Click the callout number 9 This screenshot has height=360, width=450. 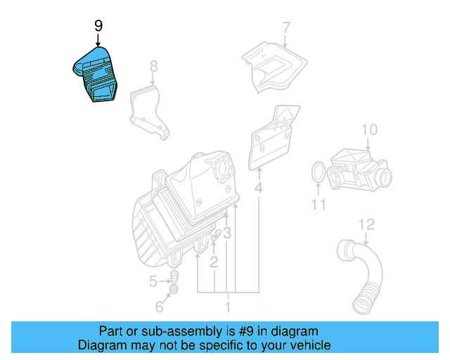98,26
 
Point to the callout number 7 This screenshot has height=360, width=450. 285,28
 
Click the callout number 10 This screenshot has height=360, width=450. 369,129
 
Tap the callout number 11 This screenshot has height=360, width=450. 319,205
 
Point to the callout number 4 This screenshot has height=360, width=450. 259,188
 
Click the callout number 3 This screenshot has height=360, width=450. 227,233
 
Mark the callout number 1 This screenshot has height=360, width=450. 227,307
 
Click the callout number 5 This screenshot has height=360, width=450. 153,282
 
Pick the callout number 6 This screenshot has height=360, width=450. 160,307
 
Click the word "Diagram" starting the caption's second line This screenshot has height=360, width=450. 101,345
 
